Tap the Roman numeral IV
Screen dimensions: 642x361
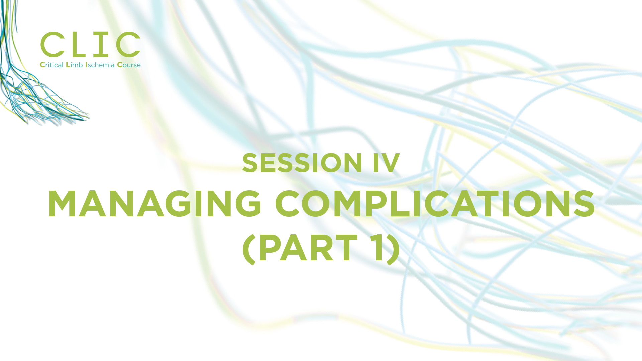tap(386, 163)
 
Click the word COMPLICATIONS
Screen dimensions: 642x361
tap(435, 204)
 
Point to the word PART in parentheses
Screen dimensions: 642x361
tap(308, 248)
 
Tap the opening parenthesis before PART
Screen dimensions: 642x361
tap(249, 249)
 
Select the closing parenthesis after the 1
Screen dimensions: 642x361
tap(393, 249)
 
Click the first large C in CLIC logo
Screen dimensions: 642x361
tap(52, 44)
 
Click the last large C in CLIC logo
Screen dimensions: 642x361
tap(128, 44)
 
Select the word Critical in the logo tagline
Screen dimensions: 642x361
tap(51, 65)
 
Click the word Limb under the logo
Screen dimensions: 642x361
tap(74, 65)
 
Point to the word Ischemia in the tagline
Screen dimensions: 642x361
tap(100, 65)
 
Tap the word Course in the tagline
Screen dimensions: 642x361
tap(129, 65)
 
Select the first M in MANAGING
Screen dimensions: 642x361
tap(62, 204)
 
